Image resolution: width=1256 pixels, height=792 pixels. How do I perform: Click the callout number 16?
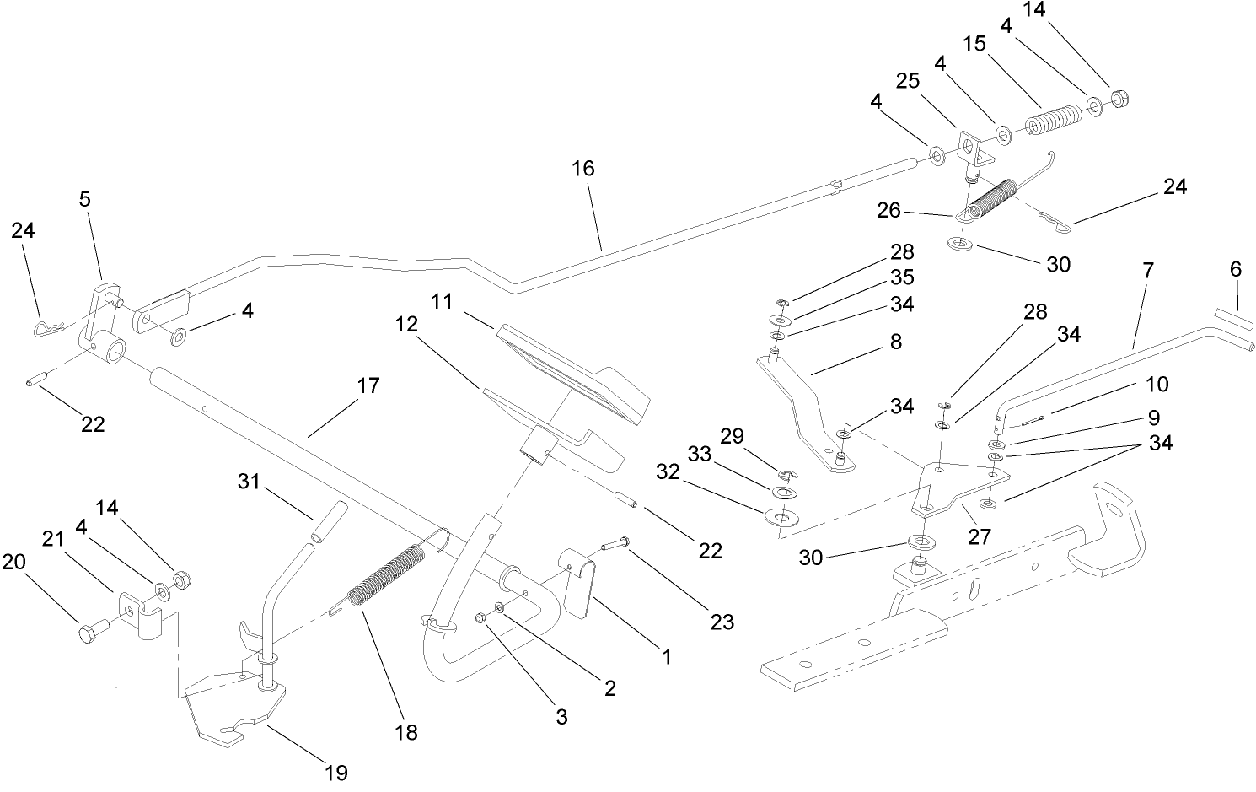coord(582,169)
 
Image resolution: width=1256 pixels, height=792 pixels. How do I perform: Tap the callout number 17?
coord(368,386)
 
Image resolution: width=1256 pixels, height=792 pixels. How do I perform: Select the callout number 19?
coord(335,772)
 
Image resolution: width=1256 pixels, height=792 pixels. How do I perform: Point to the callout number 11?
coord(443,301)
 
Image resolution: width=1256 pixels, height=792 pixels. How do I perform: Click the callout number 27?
coord(979,536)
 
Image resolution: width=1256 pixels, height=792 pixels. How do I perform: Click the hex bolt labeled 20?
coord(89,633)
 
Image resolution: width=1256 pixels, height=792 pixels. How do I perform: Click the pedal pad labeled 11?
coord(573,371)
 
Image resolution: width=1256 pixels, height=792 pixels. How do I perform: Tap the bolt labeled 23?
coord(615,542)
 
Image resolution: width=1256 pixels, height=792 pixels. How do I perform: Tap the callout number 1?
coord(666,656)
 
